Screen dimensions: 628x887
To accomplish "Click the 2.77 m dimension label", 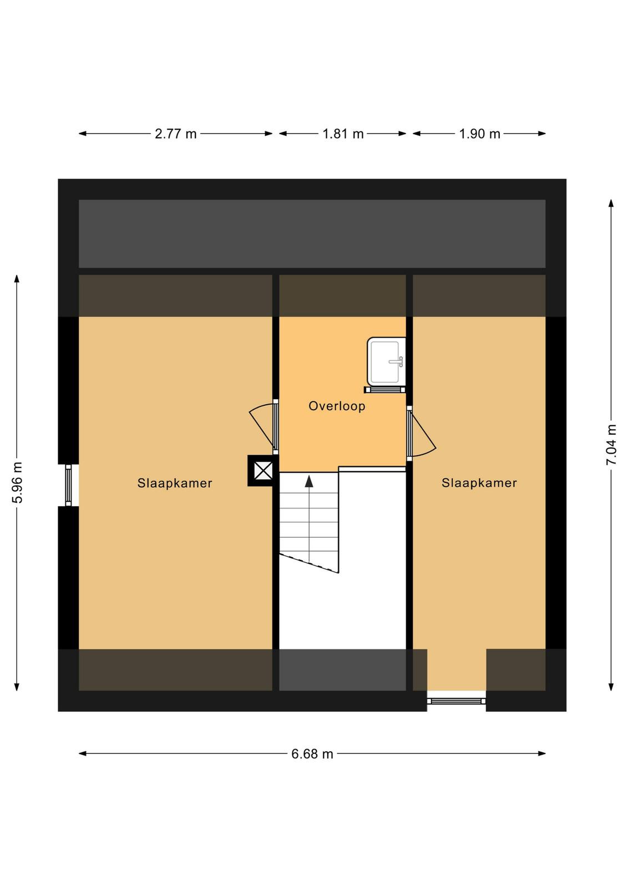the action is tap(175, 134).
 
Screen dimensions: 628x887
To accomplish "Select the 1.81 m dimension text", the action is tap(343, 134).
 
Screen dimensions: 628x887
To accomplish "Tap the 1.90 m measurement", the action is tap(479, 134).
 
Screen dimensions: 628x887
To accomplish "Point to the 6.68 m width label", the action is tap(312, 754).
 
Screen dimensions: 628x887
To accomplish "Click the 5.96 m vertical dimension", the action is tap(17, 482).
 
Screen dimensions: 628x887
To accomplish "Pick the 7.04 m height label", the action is tap(611, 445).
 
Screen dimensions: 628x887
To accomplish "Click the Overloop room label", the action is tap(337, 406).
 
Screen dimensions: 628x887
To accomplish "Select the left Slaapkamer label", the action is tap(175, 483).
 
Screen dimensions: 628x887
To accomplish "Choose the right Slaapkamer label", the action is tap(479, 483).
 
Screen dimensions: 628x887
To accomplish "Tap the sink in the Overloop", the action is tap(386, 361).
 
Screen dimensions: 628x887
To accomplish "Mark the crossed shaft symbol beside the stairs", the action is tap(263, 471).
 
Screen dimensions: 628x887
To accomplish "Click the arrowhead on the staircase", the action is tap(309, 481).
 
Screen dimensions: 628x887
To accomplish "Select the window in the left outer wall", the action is tap(68, 485).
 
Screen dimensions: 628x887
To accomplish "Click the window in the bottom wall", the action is tap(457, 701).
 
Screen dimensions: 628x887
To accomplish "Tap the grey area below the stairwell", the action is tap(343, 670).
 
